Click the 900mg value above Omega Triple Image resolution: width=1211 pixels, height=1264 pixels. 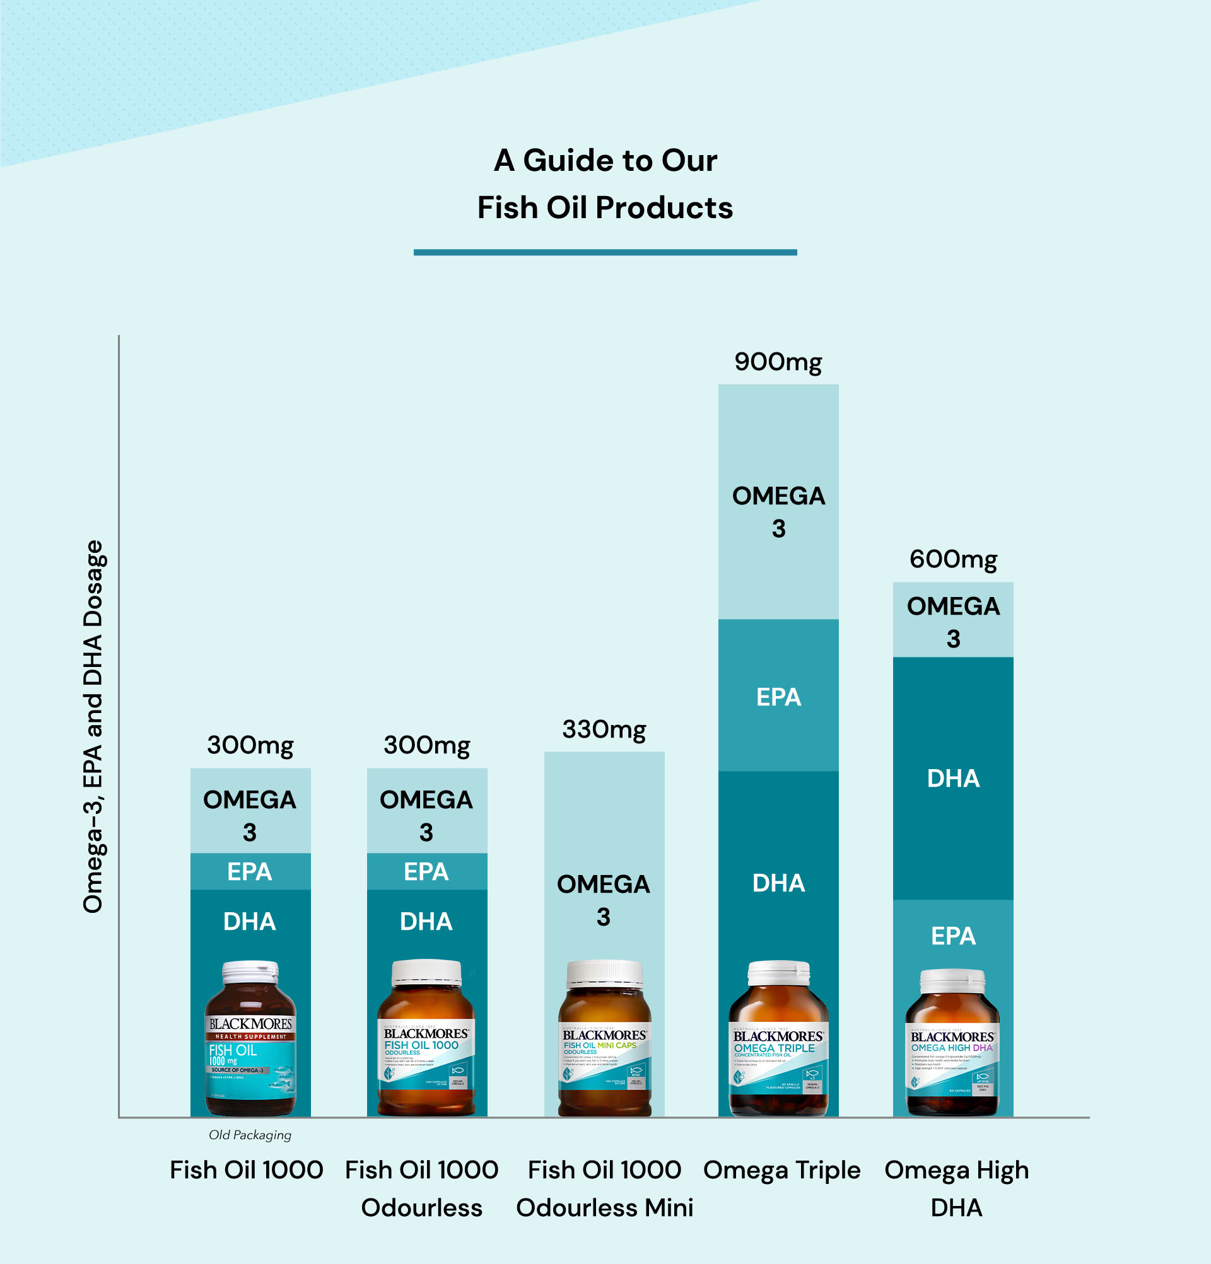tap(778, 362)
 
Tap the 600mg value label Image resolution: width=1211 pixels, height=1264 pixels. tap(953, 560)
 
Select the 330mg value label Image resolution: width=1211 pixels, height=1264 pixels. tap(604, 730)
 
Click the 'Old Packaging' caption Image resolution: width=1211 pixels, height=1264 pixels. tap(250, 1135)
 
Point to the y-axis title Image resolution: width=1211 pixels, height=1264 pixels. tap(93, 726)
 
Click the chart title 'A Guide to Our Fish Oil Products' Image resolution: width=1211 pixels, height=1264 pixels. tap(605, 184)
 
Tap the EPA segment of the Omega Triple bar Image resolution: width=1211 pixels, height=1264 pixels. tap(778, 697)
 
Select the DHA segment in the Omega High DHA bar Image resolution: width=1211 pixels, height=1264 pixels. tap(953, 779)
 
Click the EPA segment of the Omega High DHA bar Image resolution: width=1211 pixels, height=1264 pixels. tap(953, 936)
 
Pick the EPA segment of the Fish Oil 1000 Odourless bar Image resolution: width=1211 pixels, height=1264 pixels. tap(426, 872)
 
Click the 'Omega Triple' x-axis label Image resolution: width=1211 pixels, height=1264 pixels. tap(781, 1171)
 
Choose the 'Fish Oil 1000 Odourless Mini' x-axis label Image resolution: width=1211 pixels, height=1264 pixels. tap(604, 1188)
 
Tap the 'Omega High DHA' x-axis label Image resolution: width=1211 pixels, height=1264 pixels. tap(956, 1188)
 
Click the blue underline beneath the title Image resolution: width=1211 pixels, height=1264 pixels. tap(605, 252)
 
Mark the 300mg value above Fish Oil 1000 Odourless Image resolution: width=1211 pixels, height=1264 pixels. tap(426, 746)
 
